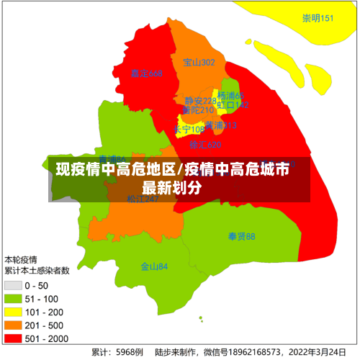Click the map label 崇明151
tap(318, 18)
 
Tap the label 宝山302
tap(199, 63)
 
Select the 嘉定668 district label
tap(147, 73)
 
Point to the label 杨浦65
tap(231, 96)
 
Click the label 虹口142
tap(233, 105)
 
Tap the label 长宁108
tap(189, 130)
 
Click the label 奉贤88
tap(242, 236)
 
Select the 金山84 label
tap(154, 266)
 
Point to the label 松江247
tap(143, 199)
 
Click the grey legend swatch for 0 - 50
tap(14, 286)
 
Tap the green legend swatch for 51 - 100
tap(14, 299)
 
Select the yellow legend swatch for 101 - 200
tap(14, 312)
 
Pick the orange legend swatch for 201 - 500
tap(14, 325)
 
